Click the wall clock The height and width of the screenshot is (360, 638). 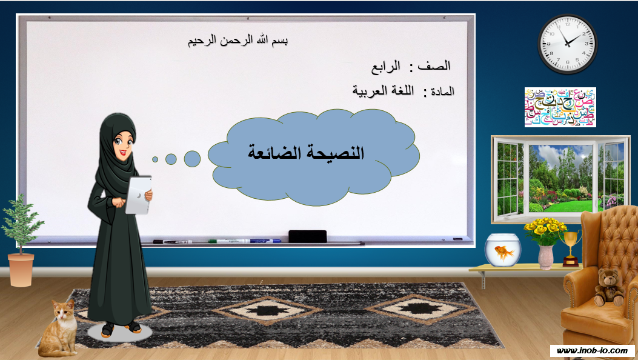pyautogui.click(x=567, y=44)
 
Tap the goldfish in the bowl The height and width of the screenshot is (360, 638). pyautogui.click(x=504, y=253)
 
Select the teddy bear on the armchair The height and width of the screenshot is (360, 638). pyautogui.click(x=609, y=287)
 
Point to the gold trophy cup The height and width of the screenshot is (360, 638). pyautogui.click(x=570, y=248)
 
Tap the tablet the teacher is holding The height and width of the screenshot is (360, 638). pyautogui.click(x=138, y=195)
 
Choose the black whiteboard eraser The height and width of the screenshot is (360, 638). pyautogui.click(x=308, y=236)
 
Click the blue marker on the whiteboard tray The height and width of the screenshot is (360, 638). pyautogui.click(x=265, y=241)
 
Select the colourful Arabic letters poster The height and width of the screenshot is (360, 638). pyautogui.click(x=560, y=107)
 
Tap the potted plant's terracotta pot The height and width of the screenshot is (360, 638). pyautogui.click(x=21, y=270)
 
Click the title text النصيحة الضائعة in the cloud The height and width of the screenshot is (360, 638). pyautogui.click(x=306, y=153)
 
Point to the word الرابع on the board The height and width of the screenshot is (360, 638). pyautogui.click(x=385, y=67)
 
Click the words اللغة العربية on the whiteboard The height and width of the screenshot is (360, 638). pyautogui.click(x=383, y=91)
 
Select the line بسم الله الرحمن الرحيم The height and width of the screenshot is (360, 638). pyautogui.click(x=238, y=41)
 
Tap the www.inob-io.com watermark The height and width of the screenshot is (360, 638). pyautogui.click(x=592, y=350)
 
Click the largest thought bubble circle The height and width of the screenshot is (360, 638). pyautogui.click(x=192, y=159)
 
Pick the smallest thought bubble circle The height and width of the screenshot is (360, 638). pyautogui.click(x=155, y=159)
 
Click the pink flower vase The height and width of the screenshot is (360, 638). pyautogui.click(x=546, y=257)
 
